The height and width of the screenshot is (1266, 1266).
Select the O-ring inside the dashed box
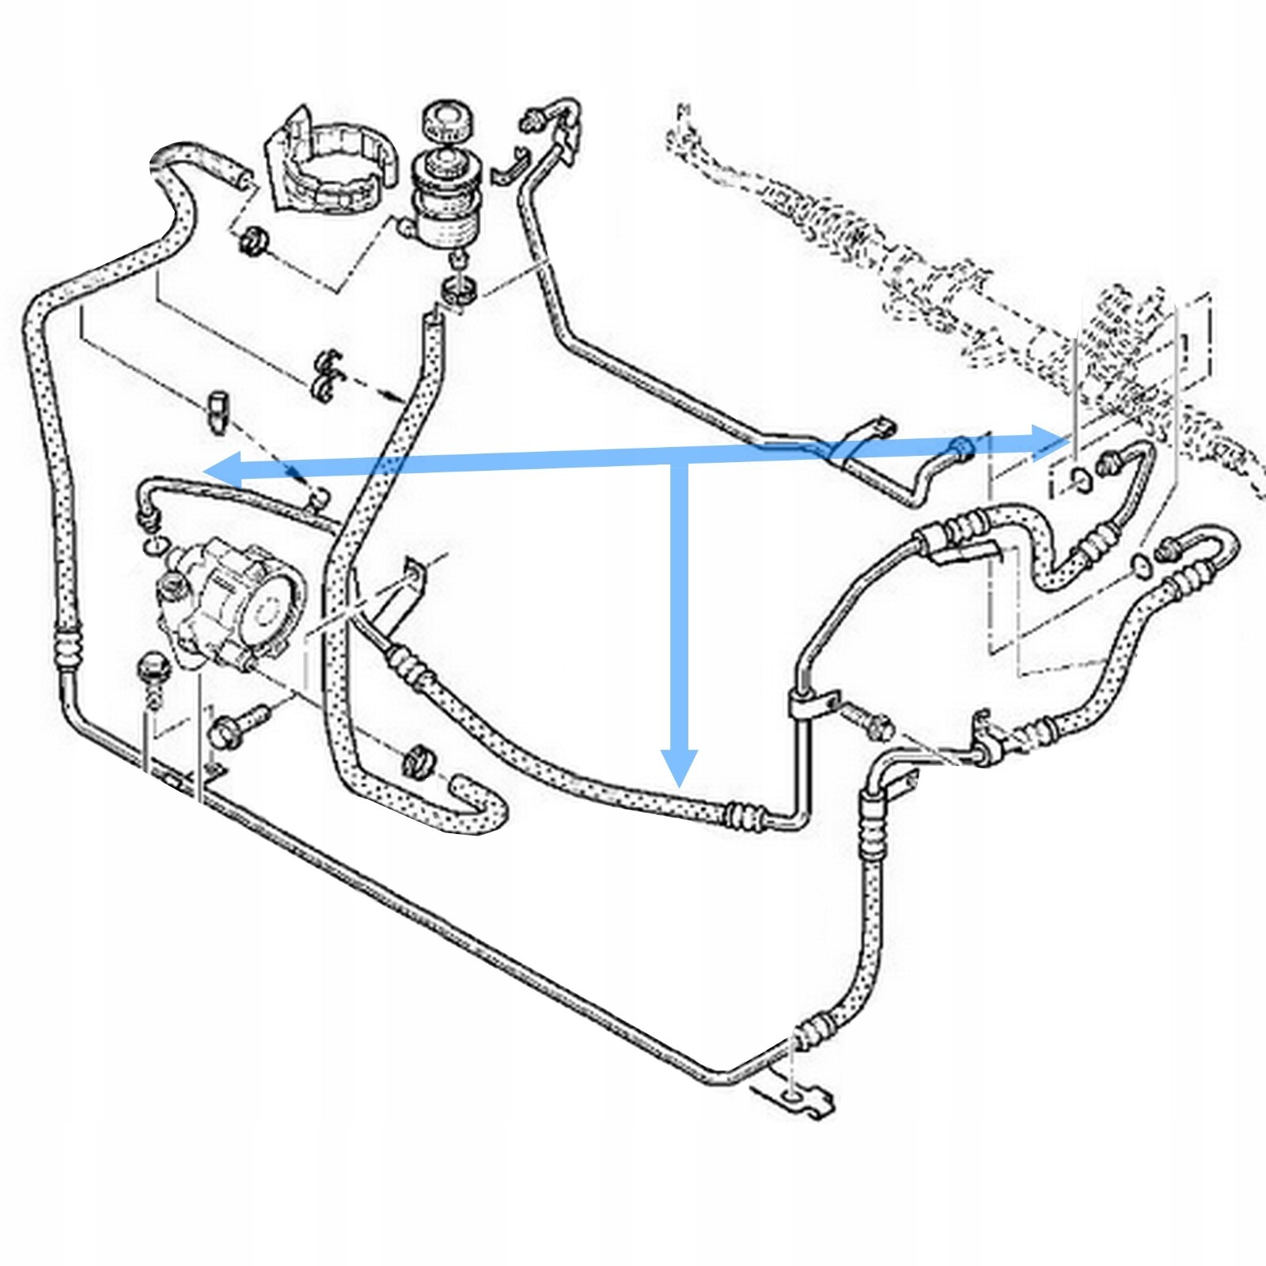tap(1076, 478)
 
